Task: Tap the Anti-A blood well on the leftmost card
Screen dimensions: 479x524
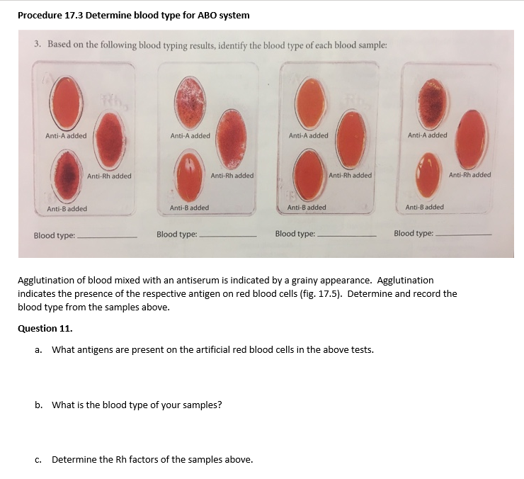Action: [x=65, y=102]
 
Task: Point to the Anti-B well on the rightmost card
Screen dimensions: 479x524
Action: [x=428, y=176]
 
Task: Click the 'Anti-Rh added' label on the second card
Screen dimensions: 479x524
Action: [x=232, y=176]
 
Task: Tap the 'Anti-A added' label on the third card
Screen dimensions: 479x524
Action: [x=308, y=135]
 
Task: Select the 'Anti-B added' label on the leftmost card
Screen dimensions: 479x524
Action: [x=67, y=209]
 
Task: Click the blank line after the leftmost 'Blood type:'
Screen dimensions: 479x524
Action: [x=107, y=237]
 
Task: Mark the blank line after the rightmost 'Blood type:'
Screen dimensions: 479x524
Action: [x=464, y=235]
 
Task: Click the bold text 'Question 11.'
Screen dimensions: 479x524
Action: [x=45, y=328]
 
